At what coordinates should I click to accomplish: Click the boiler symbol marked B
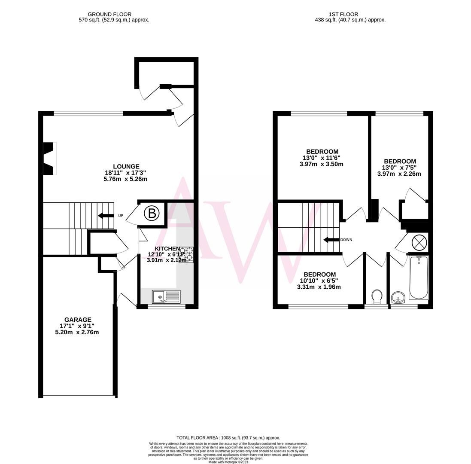(x=151, y=213)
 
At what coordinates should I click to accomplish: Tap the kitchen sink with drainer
(x=166, y=296)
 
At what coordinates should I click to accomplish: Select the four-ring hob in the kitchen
(x=186, y=255)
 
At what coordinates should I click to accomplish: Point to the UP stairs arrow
(x=106, y=216)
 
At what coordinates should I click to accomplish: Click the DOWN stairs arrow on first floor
(x=331, y=240)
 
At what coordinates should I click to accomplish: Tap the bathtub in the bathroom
(x=419, y=278)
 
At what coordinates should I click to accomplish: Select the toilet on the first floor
(x=377, y=296)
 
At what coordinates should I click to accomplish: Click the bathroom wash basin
(x=398, y=297)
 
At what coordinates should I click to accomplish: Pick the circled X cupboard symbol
(x=419, y=243)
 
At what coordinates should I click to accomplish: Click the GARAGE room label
(x=78, y=320)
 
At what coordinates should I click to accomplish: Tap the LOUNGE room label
(x=126, y=167)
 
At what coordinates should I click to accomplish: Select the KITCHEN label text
(x=167, y=249)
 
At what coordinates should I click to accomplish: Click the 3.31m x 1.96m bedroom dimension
(x=319, y=287)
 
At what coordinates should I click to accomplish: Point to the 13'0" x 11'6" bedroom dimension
(x=322, y=158)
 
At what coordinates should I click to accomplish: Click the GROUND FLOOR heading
(x=109, y=14)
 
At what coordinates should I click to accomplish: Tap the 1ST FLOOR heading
(x=343, y=14)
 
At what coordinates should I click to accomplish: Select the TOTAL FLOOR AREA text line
(x=228, y=437)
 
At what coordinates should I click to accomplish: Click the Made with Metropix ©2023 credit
(x=228, y=462)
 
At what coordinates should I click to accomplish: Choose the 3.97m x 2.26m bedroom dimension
(x=399, y=174)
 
